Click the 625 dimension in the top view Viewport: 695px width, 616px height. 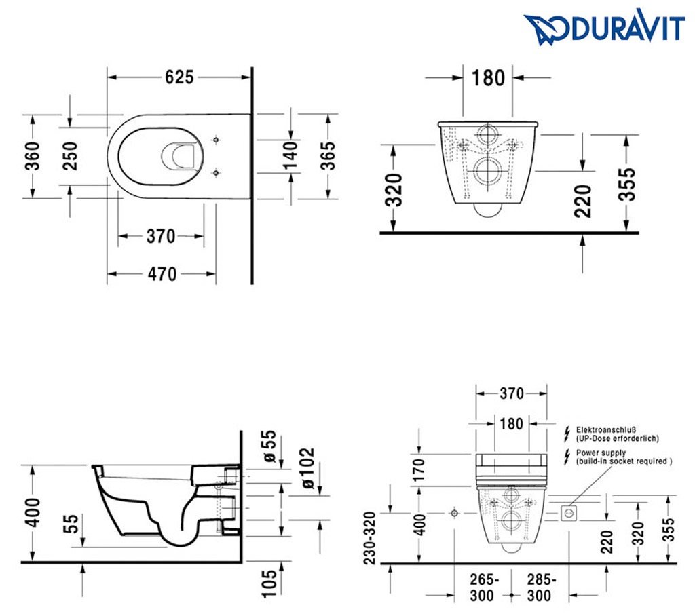click(180, 77)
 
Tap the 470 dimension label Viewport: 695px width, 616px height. click(162, 273)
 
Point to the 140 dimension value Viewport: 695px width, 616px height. click(290, 155)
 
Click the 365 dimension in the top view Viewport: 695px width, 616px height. click(328, 155)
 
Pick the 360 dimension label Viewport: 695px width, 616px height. click(32, 155)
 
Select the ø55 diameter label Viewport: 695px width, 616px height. click(270, 448)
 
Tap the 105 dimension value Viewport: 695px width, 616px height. click(269, 583)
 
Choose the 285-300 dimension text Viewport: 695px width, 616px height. click(541, 588)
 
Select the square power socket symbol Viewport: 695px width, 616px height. click(568, 514)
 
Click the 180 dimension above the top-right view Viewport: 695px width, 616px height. click(488, 78)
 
